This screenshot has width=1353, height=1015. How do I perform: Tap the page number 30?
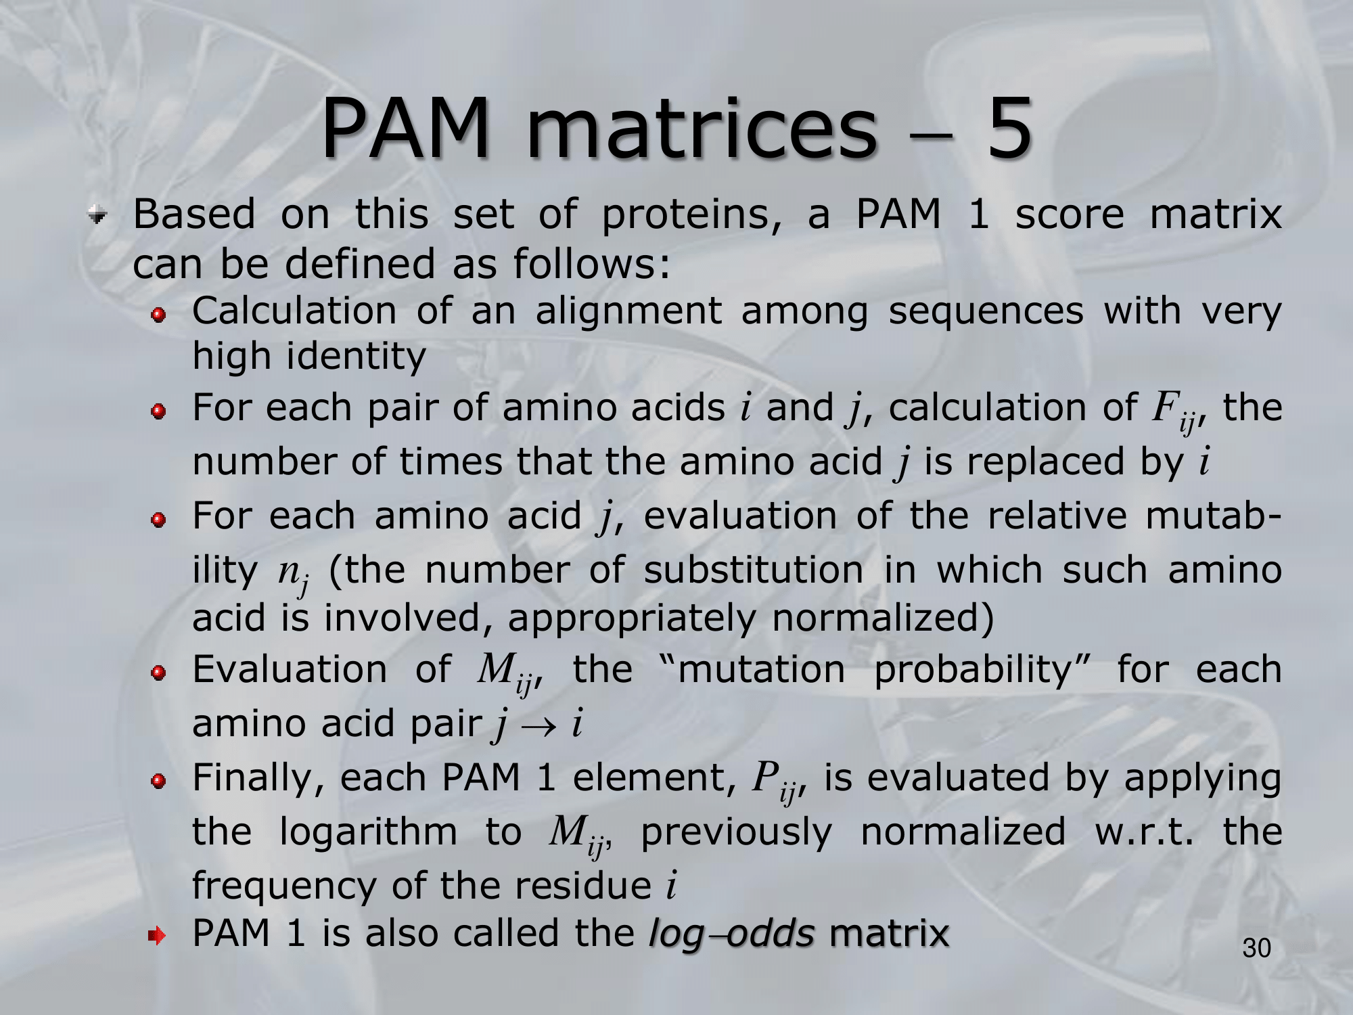[1256, 949]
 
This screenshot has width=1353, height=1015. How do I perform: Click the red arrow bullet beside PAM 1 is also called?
[157, 937]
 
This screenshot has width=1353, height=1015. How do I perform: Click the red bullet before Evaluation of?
[158, 673]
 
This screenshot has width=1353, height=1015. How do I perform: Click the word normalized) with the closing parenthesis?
[883, 618]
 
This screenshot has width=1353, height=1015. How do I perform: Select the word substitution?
[754, 570]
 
